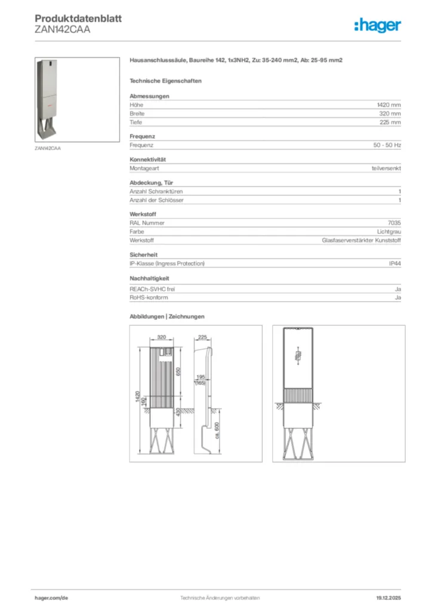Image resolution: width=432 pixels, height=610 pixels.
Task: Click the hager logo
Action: [377, 25]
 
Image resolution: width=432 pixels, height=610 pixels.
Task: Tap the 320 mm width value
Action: [390, 113]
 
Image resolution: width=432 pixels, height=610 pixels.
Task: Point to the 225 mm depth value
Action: [390, 122]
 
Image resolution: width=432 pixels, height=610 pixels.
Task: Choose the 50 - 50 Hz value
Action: [387, 145]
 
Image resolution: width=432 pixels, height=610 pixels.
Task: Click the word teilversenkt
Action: [385, 169]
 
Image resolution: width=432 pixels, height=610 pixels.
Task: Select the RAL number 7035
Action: [394, 223]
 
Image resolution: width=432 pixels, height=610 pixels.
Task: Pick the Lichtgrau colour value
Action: [388, 232]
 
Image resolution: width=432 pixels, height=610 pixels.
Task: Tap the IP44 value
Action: [394, 263]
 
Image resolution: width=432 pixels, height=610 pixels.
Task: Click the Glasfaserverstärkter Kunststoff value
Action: [361, 240]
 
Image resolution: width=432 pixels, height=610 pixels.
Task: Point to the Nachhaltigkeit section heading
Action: [149, 278]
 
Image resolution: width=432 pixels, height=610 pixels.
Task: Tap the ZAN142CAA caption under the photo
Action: [48, 148]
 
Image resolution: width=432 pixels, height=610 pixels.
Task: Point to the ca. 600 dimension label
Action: [217, 431]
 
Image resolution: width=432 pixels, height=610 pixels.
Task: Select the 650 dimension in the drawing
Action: [179, 373]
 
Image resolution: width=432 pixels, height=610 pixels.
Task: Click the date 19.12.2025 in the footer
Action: [388, 597]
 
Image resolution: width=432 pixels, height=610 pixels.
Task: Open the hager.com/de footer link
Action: [52, 597]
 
